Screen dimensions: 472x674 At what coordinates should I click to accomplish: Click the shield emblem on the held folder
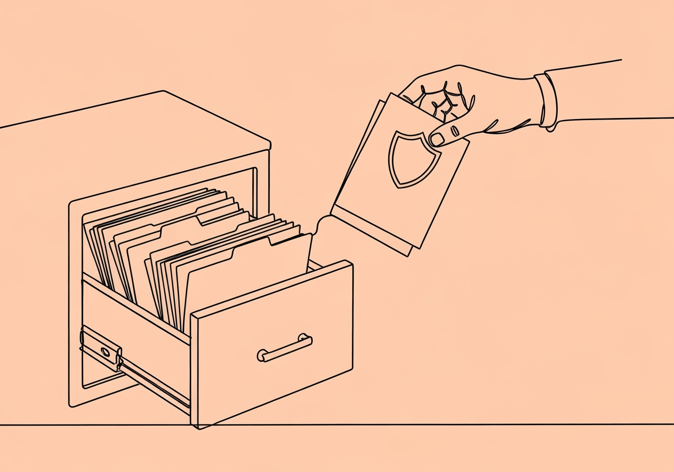pos(414,158)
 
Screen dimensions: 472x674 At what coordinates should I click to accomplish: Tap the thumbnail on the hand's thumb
pos(437,139)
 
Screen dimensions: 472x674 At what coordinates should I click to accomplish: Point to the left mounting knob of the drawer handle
pos(261,355)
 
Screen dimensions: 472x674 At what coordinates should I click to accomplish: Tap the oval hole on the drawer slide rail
pos(105,351)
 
